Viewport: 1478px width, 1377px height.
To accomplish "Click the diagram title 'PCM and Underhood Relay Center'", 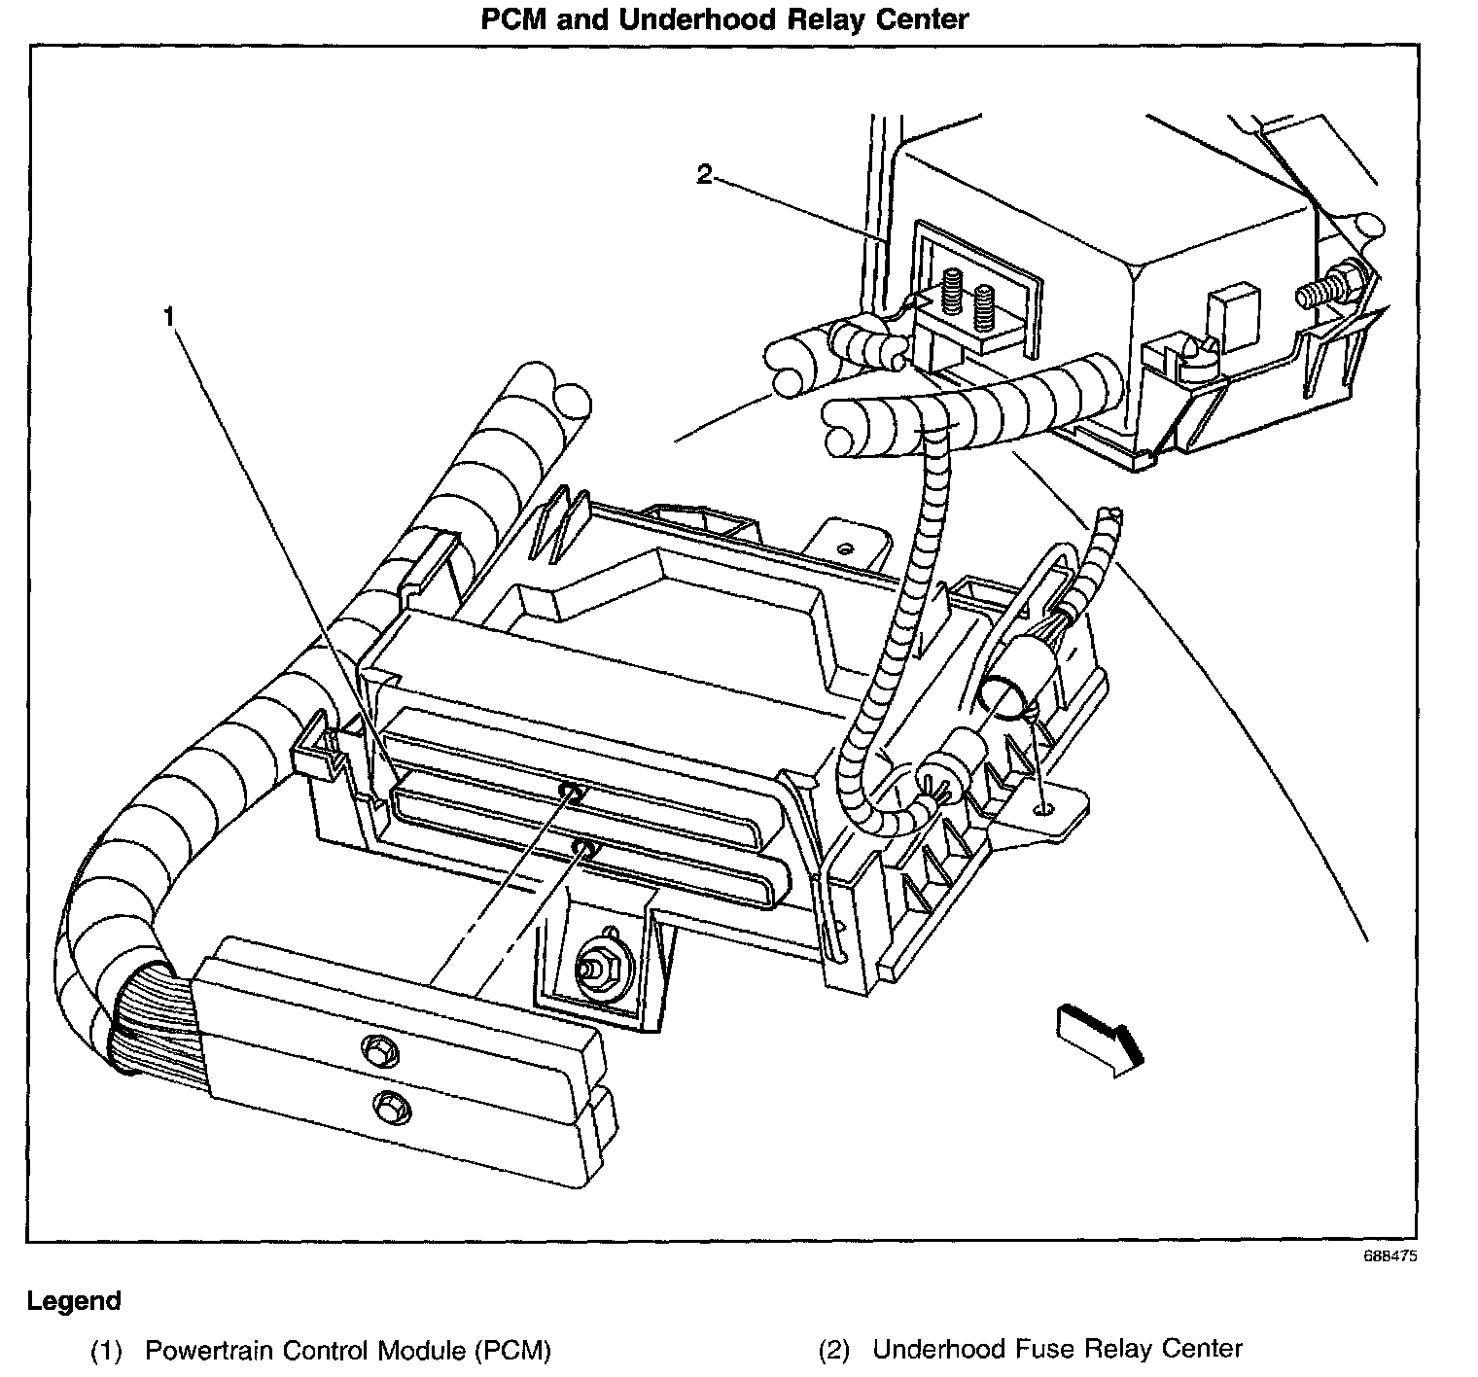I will click(x=724, y=19).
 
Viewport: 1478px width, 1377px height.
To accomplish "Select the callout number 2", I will click(x=704, y=174).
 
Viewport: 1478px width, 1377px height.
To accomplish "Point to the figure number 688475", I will click(x=1390, y=1255).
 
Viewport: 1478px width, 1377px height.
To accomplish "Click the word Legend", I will click(x=74, y=1301).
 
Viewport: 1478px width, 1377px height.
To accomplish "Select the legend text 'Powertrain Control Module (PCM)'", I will click(x=348, y=1350).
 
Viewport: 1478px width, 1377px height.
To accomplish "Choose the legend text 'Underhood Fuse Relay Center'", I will click(x=1057, y=1349).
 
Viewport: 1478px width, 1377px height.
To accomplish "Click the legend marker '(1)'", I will click(x=106, y=1350).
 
